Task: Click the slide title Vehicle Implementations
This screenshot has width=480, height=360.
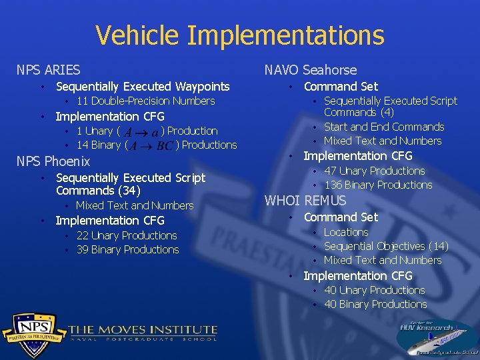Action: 239,35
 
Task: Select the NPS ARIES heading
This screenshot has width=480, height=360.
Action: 48,70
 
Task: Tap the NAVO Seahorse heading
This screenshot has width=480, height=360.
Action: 310,70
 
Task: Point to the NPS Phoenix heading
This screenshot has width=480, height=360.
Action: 53,161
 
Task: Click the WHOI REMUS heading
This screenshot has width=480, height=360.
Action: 305,201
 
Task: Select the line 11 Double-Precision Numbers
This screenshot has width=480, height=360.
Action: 145,101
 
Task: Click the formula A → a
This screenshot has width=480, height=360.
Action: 141,132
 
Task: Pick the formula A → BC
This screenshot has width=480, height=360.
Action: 150,146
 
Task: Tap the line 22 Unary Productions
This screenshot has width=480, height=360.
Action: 127,235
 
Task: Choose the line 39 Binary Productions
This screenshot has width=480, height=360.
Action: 127,250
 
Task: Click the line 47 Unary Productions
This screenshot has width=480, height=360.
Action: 374,171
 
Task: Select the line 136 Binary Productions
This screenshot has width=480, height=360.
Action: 377,185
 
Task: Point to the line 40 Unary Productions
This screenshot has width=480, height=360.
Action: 374,290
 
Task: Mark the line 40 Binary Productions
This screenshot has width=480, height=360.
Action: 375,305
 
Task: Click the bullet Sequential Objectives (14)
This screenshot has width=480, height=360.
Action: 385,246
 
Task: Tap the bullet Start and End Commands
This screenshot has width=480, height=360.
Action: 383,127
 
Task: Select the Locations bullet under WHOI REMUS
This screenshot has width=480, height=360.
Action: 345,232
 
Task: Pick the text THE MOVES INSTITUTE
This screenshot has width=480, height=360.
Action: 143,329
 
